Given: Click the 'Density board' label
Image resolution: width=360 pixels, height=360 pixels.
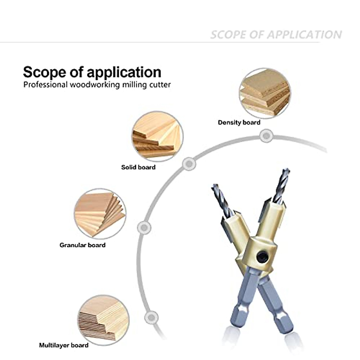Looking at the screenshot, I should tap(239, 122).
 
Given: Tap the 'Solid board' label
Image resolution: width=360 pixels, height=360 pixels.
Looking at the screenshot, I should tap(138, 167).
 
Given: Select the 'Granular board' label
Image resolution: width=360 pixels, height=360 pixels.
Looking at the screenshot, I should tap(82, 245).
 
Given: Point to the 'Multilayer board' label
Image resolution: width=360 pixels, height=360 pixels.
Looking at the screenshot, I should tap(64, 345).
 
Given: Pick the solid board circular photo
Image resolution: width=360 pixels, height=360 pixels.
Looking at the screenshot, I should tap(157, 136).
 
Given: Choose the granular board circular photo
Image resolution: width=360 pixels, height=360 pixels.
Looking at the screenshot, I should tap(100, 214).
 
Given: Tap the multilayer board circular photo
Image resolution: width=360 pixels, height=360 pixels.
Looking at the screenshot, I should tap(104, 318).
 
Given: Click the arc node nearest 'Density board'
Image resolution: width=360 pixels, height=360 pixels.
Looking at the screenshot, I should tap(265, 136).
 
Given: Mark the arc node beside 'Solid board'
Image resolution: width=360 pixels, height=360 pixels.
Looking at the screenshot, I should tap(189, 164).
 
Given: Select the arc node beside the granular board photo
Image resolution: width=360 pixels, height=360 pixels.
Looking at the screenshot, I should tap(144, 227).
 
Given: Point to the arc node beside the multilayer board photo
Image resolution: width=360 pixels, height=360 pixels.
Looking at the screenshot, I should tap(151, 317).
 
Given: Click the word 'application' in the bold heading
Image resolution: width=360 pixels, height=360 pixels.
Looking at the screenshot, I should tap(124, 72).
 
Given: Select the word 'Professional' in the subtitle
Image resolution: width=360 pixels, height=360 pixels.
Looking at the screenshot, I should tap(45, 85).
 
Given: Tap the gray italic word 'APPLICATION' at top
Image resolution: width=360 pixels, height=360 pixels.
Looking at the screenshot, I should tap(304, 35).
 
